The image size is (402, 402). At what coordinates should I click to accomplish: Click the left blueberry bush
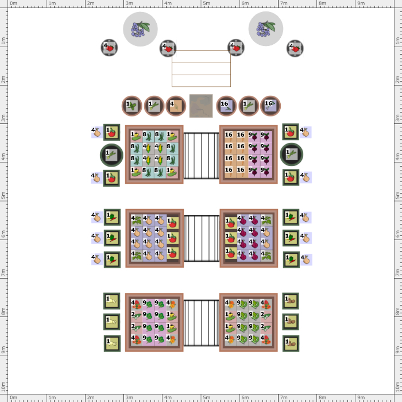[140, 29]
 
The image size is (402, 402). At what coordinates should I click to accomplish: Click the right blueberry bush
[266, 29]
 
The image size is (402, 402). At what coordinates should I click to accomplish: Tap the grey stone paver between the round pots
[201, 106]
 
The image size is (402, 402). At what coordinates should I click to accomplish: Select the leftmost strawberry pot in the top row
[109, 48]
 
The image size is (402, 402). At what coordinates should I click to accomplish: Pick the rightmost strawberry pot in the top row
[295, 48]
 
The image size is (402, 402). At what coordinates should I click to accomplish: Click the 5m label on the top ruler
[206, 3]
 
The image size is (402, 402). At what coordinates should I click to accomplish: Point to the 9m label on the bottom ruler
[361, 397]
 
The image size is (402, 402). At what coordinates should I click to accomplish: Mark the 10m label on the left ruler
[3, 386]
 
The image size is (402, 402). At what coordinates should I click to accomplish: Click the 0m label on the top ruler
[13, 3]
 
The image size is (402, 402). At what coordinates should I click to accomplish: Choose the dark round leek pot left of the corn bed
[111, 155]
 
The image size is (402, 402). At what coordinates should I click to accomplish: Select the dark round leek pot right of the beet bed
[292, 154]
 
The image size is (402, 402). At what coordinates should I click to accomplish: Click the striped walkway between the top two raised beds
[201, 156]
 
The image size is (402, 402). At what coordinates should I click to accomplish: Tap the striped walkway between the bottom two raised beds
[201, 323]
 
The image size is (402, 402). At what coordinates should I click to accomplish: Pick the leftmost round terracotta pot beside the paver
[132, 106]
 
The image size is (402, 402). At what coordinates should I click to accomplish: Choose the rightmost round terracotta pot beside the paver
[270, 106]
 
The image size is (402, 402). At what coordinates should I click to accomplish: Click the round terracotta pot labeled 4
[176, 106]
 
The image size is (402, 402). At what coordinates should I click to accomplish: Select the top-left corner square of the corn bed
[136, 137]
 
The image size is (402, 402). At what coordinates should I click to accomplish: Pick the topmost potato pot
[291, 301]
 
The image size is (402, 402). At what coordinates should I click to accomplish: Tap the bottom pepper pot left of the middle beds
[112, 260]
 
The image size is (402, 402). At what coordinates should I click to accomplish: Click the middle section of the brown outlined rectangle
[201, 69]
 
